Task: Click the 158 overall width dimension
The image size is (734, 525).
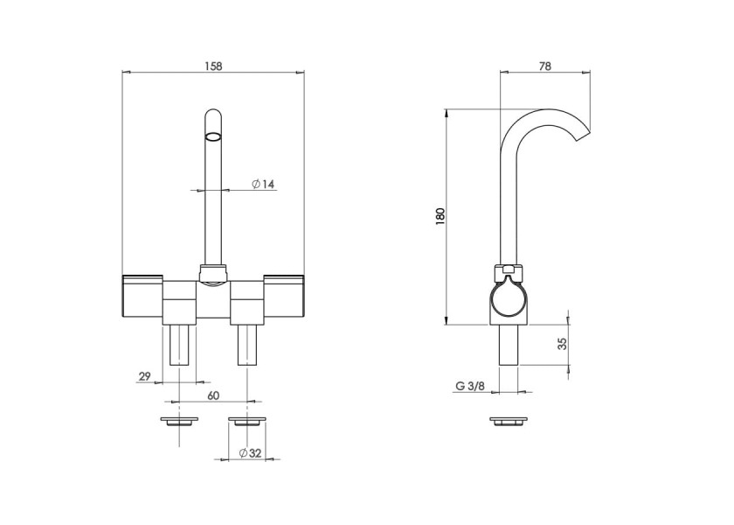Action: tap(213, 66)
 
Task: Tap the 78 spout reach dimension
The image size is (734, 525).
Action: tap(545, 66)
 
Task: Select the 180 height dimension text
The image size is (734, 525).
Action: tap(440, 217)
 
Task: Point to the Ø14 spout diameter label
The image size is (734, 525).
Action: tap(263, 185)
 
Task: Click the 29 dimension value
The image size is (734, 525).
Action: tap(145, 376)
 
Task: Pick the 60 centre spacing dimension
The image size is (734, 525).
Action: tap(213, 395)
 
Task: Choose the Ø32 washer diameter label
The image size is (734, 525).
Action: tap(250, 453)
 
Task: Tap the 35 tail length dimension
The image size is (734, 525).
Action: tap(563, 343)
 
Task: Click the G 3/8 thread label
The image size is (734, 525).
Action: tap(470, 386)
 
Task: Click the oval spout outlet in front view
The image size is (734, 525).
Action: tap(212, 136)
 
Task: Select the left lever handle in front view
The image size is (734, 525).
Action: tap(142, 297)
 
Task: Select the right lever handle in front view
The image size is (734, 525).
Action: tap(284, 297)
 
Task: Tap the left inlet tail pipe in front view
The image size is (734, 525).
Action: tap(179, 345)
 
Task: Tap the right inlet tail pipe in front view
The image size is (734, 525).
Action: tap(248, 345)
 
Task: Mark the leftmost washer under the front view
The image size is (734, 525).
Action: tap(179, 421)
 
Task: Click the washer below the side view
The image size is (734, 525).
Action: tap(509, 421)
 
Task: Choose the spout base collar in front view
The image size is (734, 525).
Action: tap(213, 274)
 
